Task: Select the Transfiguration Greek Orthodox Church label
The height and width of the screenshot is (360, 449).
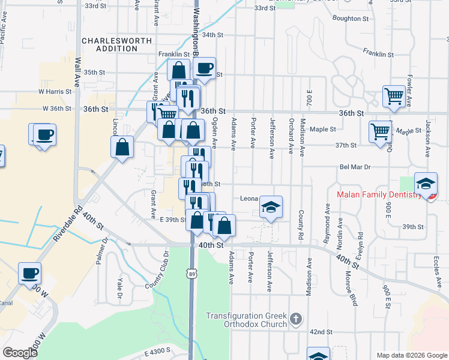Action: point(246,320)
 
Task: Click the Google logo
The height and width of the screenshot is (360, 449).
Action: point(20,353)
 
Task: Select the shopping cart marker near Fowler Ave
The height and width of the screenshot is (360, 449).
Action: point(394,96)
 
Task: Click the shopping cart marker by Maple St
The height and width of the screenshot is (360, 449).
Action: point(381,131)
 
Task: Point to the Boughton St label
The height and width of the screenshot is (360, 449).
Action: point(351,19)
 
